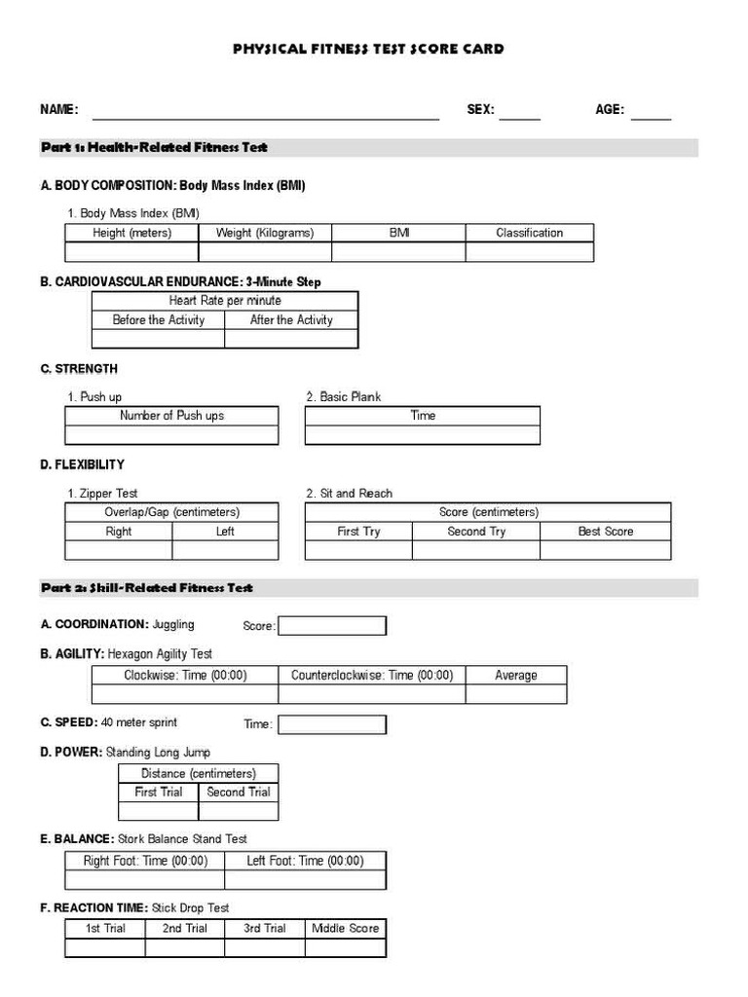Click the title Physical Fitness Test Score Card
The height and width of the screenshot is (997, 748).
(368, 49)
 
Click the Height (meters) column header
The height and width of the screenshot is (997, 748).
(131, 233)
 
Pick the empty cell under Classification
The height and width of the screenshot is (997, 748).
(529, 252)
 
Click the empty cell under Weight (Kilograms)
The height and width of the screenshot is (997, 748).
(265, 252)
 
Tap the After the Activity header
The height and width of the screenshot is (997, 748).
(291, 319)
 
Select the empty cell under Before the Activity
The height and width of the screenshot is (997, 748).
(158, 339)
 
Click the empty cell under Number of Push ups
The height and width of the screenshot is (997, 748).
(171, 435)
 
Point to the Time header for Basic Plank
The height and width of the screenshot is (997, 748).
(423, 416)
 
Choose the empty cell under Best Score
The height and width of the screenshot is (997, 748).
(605, 550)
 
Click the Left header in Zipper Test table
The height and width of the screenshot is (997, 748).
(225, 532)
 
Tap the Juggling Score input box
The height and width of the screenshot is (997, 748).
(332, 626)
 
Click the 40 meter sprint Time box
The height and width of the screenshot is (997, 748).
(332, 724)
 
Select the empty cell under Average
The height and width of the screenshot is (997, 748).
(515, 694)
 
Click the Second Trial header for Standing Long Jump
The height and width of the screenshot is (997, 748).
(239, 792)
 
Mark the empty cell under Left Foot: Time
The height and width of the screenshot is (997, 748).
(305, 880)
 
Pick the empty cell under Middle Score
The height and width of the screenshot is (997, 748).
(345, 947)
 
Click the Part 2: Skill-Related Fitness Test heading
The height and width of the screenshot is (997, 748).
(147, 588)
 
